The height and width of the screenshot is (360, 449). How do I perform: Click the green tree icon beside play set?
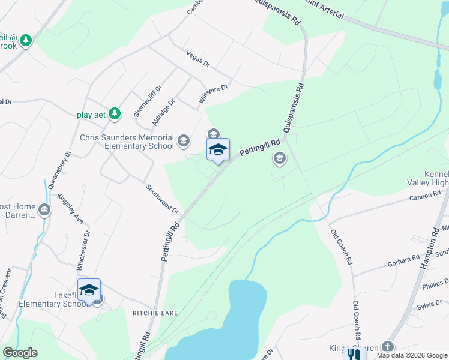tap(115, 113)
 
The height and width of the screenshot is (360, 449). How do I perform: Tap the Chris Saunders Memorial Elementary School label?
tap(127, 142)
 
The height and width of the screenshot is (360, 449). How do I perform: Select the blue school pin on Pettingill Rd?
tap(218, 151)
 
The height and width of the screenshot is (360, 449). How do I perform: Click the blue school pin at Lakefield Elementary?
tap(89, 291)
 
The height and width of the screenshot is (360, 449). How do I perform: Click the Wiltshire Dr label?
tap(213, 94)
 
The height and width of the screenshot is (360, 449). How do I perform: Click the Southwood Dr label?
tap(163, 199)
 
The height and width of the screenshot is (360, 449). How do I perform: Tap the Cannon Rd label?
tap(425, 195)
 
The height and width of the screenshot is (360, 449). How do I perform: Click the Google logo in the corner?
tap(20, 353)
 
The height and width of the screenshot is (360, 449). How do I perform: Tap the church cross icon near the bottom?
tap(388, 347)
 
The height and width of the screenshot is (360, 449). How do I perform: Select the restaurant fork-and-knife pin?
tap(354, 354)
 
